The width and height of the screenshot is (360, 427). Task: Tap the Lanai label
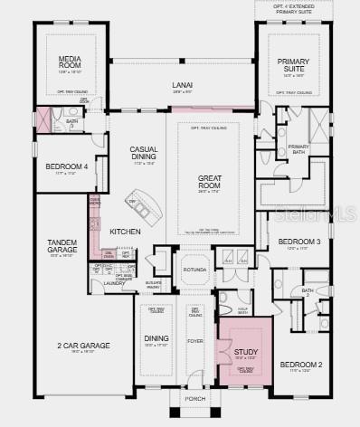click(183, 86)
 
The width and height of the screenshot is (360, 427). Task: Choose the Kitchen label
click(125, 232)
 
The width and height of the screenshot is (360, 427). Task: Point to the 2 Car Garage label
click(83, 346)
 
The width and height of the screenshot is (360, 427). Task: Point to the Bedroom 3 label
click(299, 242)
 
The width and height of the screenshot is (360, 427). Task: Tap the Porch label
click(195, 397)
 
